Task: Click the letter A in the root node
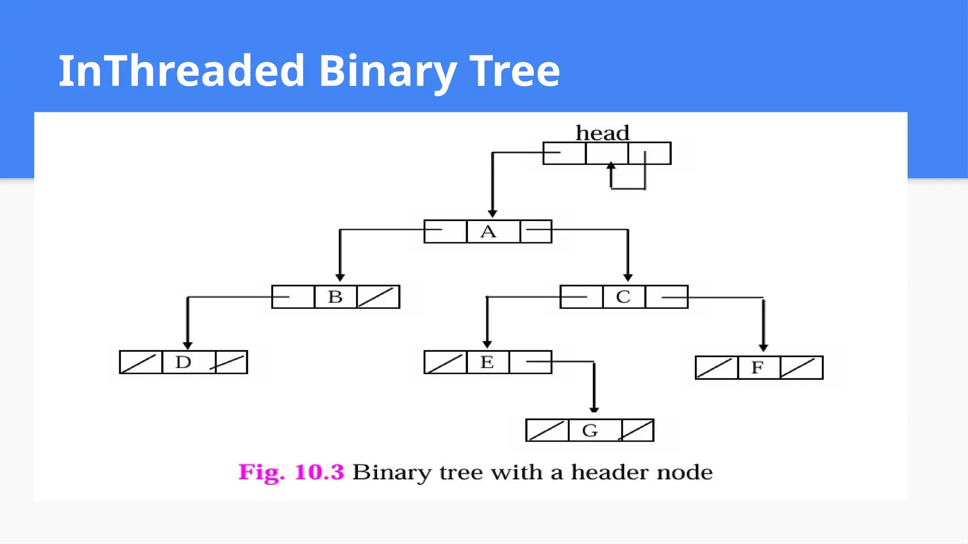point(488,231)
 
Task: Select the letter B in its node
point(335,297)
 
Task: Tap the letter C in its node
point(623,297)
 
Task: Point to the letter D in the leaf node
point(183,362)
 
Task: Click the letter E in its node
point(487,362)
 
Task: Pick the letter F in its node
point(757,367)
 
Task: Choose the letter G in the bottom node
point(590,430)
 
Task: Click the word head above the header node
point(602,133)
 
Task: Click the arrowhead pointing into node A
point(493,214)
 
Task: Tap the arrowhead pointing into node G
point(594,409)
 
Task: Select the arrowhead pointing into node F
point(763,348)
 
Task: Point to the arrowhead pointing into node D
point(188,346)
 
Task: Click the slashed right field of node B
point(378,297)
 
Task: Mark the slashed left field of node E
point(445,362)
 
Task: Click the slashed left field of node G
point(547,430)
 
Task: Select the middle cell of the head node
point(607,153)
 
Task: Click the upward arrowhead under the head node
point(611,166)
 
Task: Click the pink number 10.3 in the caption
point(320,472)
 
